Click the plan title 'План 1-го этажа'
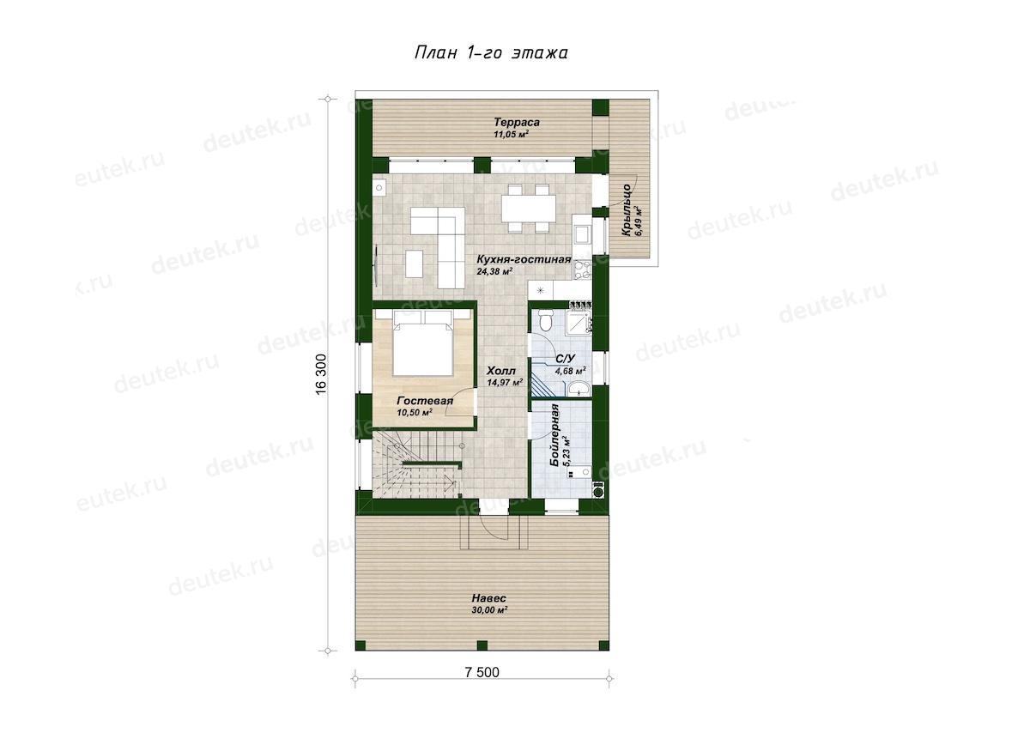[491, 53]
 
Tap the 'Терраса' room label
[517, 123]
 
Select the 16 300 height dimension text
[321, 374]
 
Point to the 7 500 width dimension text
[482, 672]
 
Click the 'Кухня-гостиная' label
[524, 259]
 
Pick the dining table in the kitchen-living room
[529, 209]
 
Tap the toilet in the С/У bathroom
[545, 320]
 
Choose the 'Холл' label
[501, 371]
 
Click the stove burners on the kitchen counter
[582, 270]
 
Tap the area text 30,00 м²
[489, 610]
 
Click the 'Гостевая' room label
[425, 401]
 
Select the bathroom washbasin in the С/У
[579, 388]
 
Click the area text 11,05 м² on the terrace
[511, 135]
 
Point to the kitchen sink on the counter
[582, 234]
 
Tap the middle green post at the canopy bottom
[482, 645]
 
